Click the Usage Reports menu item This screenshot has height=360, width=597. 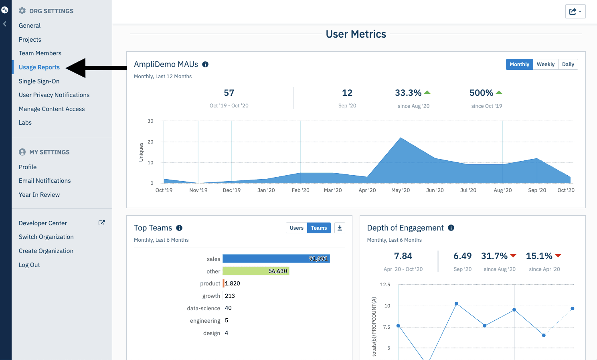coord(39,67)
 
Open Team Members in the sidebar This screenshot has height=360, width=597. coord(40,53)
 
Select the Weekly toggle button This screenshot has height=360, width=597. coord(545,65)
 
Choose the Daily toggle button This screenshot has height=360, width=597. coord(568,65)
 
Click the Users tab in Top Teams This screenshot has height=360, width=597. coord(297,228)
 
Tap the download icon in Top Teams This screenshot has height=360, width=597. coord(340,228)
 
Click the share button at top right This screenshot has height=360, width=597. coord(575,12)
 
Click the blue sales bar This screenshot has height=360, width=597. coord(276,259)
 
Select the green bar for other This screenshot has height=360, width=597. coord(256,271)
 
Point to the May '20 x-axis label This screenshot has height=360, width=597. coord(401,190)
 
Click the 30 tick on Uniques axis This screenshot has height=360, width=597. coord(150,121)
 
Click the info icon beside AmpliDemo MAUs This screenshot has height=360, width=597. coord(205,65)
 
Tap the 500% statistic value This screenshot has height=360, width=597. coord(481,93)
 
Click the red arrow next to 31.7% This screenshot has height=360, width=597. coord(513,256)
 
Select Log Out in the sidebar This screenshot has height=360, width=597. coord(29,265)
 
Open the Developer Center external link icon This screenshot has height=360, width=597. coord(102,223)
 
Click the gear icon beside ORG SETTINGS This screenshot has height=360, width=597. coord(22,11)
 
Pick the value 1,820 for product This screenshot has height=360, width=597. coord(233,283)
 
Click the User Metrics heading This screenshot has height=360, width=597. coord(356,34)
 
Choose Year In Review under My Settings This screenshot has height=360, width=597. coord(39,195)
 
